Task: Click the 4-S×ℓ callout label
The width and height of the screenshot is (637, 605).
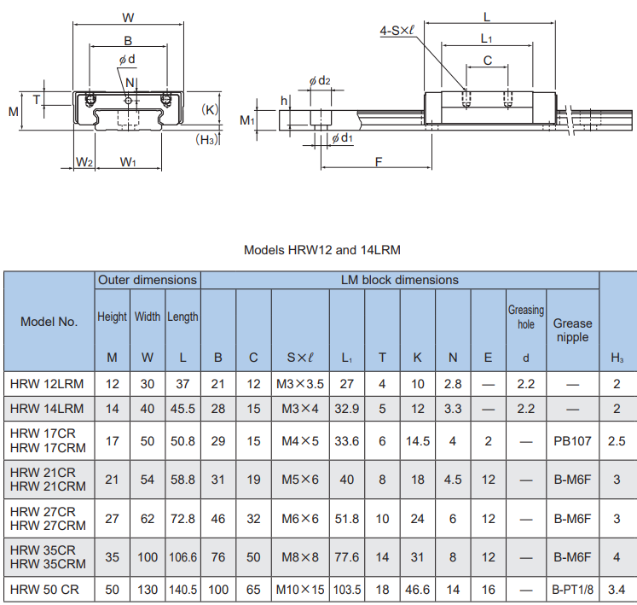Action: point(397,30)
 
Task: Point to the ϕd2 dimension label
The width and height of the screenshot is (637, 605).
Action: point(320,80)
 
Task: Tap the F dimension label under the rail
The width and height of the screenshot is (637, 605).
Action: point(379,162)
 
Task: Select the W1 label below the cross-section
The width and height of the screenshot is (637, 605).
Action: point(128,162)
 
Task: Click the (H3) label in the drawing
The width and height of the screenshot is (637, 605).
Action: point(206,140)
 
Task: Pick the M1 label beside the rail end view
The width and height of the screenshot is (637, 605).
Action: point(247,120)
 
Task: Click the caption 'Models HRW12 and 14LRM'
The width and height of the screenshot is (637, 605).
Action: point(322,250)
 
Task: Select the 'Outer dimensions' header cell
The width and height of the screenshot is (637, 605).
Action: point(148,280)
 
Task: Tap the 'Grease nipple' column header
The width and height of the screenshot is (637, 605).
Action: point(572,330)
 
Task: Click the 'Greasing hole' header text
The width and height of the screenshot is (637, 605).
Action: point(525,317)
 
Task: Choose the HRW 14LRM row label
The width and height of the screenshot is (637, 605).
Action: point(47,409)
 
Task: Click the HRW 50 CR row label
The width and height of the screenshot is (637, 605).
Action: point(44,590)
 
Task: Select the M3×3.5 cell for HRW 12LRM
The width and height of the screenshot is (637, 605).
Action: point(300,384)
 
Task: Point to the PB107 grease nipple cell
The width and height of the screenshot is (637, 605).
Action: point(572,441)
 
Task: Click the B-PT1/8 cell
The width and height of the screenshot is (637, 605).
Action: point(572,590)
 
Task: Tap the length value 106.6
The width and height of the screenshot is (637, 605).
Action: point(182,557)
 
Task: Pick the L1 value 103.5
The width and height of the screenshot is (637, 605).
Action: point(347,590)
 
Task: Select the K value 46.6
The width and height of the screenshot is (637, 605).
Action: point(417,590)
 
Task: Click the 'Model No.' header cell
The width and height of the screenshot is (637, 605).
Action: point(49,322)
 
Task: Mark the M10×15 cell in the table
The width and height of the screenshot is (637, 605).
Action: point(300,590)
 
